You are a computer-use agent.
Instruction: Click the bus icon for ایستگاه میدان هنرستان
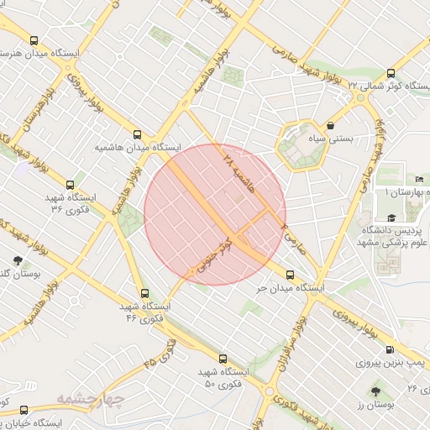click(x=34, y=40)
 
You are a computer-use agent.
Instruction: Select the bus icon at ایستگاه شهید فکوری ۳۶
click(x=71, y=186)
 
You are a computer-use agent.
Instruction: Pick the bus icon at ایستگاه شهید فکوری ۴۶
click(x=145, y=294)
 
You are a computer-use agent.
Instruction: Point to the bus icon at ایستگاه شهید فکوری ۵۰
click(x=223, y=359)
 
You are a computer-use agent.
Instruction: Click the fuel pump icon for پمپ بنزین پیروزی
click(x=389, y=350)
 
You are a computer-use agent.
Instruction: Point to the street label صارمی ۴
click(x=291, y=239)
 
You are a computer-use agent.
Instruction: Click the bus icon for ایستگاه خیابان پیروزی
click(x=23, y=411)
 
